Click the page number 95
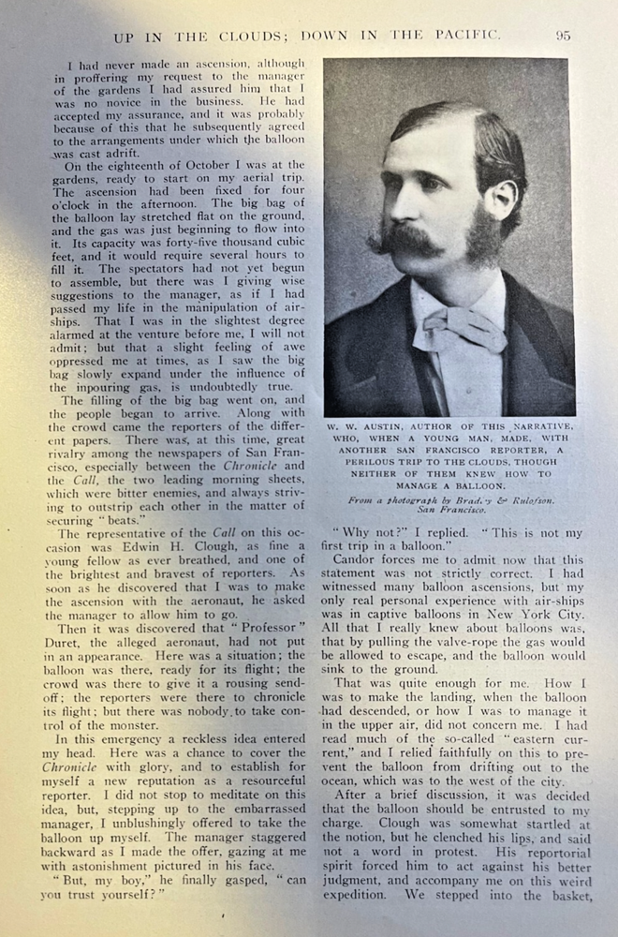563,36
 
